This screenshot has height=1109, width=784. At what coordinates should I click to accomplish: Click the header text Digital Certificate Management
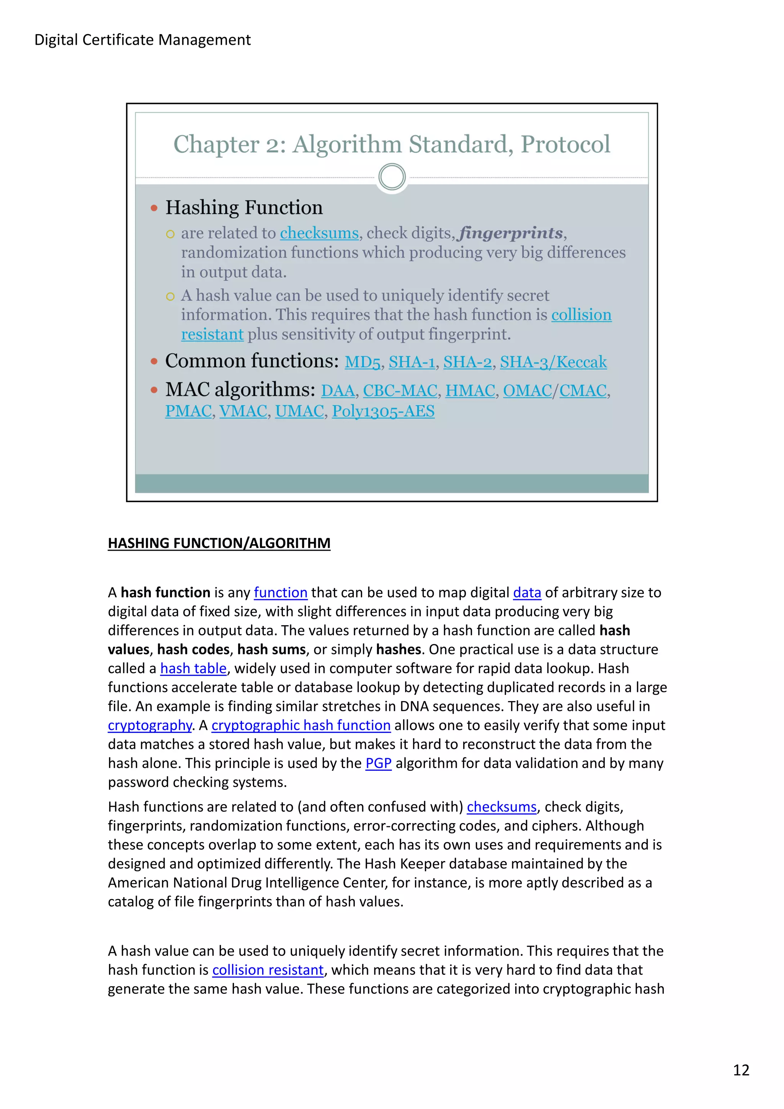click(142, 40)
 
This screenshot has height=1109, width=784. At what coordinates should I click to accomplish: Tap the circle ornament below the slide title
click(392, 177)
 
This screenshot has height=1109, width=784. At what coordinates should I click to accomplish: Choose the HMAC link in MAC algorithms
click(470, 390)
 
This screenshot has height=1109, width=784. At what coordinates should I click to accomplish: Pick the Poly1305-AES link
click(383, 411)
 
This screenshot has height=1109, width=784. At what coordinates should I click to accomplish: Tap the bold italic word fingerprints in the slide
click(511, 233)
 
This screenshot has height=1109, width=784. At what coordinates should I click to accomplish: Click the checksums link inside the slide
click(319, 233)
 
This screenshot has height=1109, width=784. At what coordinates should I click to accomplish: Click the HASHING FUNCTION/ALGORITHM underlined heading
click(219, 543)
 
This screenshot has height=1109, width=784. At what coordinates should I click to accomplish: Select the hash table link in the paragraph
click(193, 668)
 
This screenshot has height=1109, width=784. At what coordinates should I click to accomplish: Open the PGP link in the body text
click(378, 763)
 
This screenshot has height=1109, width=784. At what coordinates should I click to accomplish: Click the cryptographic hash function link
click(301, 725)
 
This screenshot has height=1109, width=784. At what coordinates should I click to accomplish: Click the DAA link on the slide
click(338, 390)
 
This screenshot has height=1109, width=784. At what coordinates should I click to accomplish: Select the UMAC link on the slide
click(299, 411)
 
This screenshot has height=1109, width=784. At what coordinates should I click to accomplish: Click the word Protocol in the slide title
click(565, 144)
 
